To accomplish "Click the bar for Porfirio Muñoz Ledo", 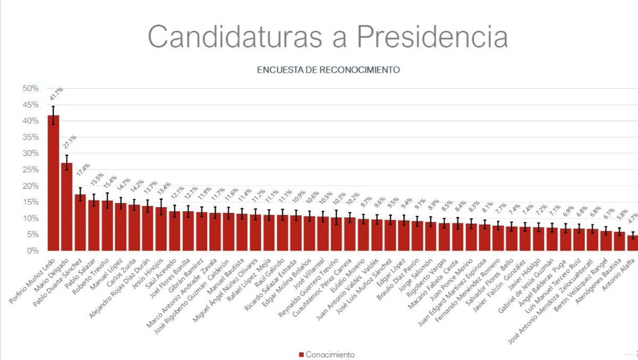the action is pos(53,183).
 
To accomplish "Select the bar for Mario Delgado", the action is pos(66,207).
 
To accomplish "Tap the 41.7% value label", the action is pos(56,94).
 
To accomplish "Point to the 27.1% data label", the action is pos(70,142).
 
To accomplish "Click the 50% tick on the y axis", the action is pos(30,89).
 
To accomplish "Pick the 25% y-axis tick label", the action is pos(30,170).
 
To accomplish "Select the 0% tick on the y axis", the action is pos(33,251).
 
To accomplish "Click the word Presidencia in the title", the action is pos(432,37).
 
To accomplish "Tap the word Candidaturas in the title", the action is pos(235,37).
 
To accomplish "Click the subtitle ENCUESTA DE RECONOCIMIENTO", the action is pos(329,70).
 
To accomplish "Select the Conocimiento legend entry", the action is pos(326,355).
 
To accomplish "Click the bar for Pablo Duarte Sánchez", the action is pos(80,222).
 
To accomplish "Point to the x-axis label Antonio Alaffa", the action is pos(619,274).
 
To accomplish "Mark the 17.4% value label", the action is pos(83,170).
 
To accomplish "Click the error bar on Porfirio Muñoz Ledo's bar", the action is pos(53,115).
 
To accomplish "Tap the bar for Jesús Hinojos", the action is pos(161,229).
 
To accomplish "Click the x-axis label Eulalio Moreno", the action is pos(348,275).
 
